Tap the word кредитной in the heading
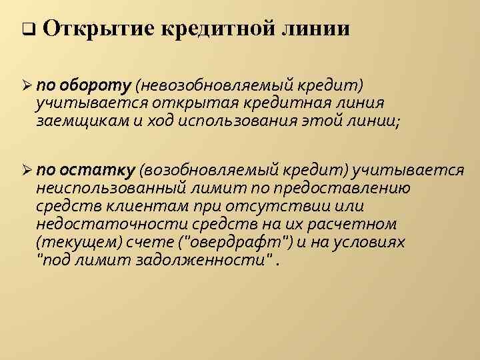213,29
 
